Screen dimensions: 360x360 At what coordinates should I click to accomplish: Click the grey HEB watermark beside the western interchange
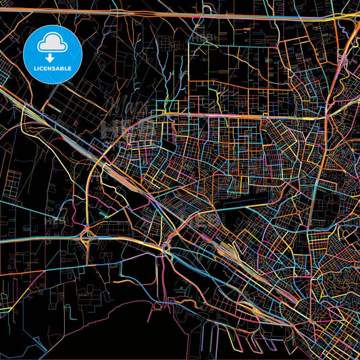click(54, 220)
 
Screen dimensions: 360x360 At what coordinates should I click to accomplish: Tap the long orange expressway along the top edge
click(169, 12)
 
